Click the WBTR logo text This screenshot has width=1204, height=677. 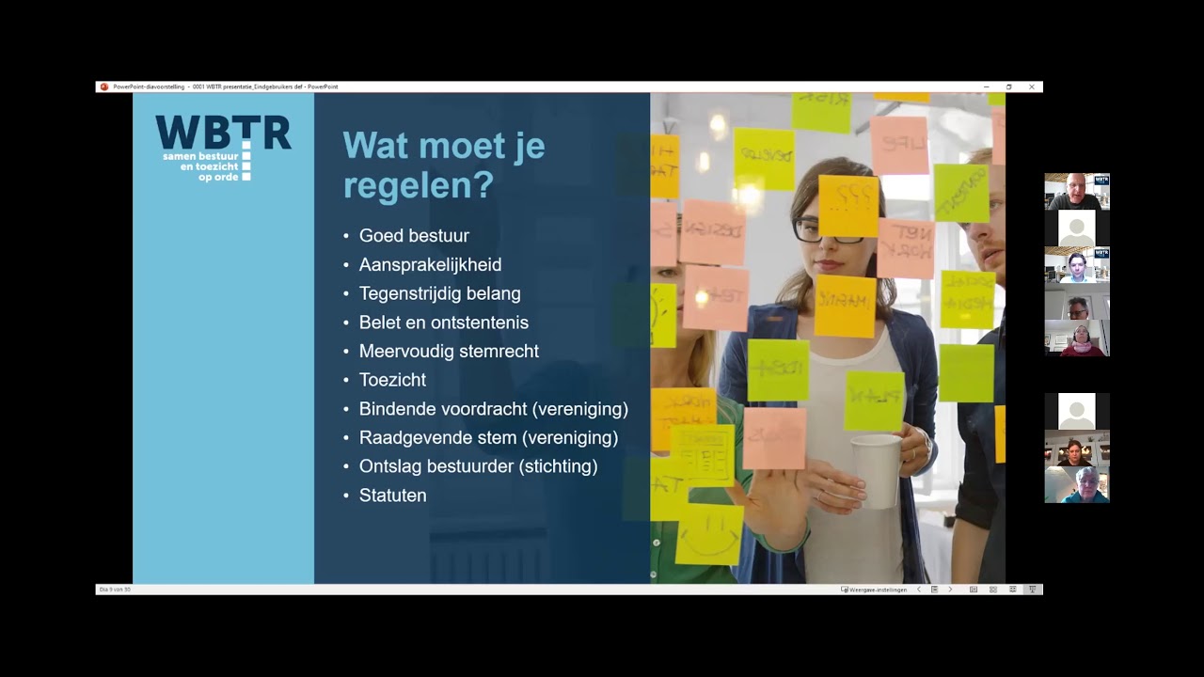tap(223, 134)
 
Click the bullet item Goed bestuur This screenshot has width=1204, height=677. tap(414, 236)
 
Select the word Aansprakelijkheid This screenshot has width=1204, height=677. tap(430, 265)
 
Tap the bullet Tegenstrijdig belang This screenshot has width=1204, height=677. tap(439, 293)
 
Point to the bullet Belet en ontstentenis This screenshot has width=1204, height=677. tap(443, 323)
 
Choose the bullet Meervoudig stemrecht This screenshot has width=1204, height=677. tap(449, 352)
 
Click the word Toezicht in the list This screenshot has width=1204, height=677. tap(392, 380)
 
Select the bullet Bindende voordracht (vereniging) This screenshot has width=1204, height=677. tap(493, 409)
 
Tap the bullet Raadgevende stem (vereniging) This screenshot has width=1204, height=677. tap(488, 438)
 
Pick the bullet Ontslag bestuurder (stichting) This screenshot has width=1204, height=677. tap(478, 466)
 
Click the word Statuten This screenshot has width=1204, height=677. tap(392, 496)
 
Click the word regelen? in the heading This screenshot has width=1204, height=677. tap(418, 185)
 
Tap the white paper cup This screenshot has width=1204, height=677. tap(876, 470)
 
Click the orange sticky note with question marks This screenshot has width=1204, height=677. tap(848, 205)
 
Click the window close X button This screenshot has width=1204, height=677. tap(1032, 87)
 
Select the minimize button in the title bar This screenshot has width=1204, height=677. tap(986, 87)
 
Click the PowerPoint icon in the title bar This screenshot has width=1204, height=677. tap(104, 87)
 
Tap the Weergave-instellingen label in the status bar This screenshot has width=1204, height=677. tap(877, 590)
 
